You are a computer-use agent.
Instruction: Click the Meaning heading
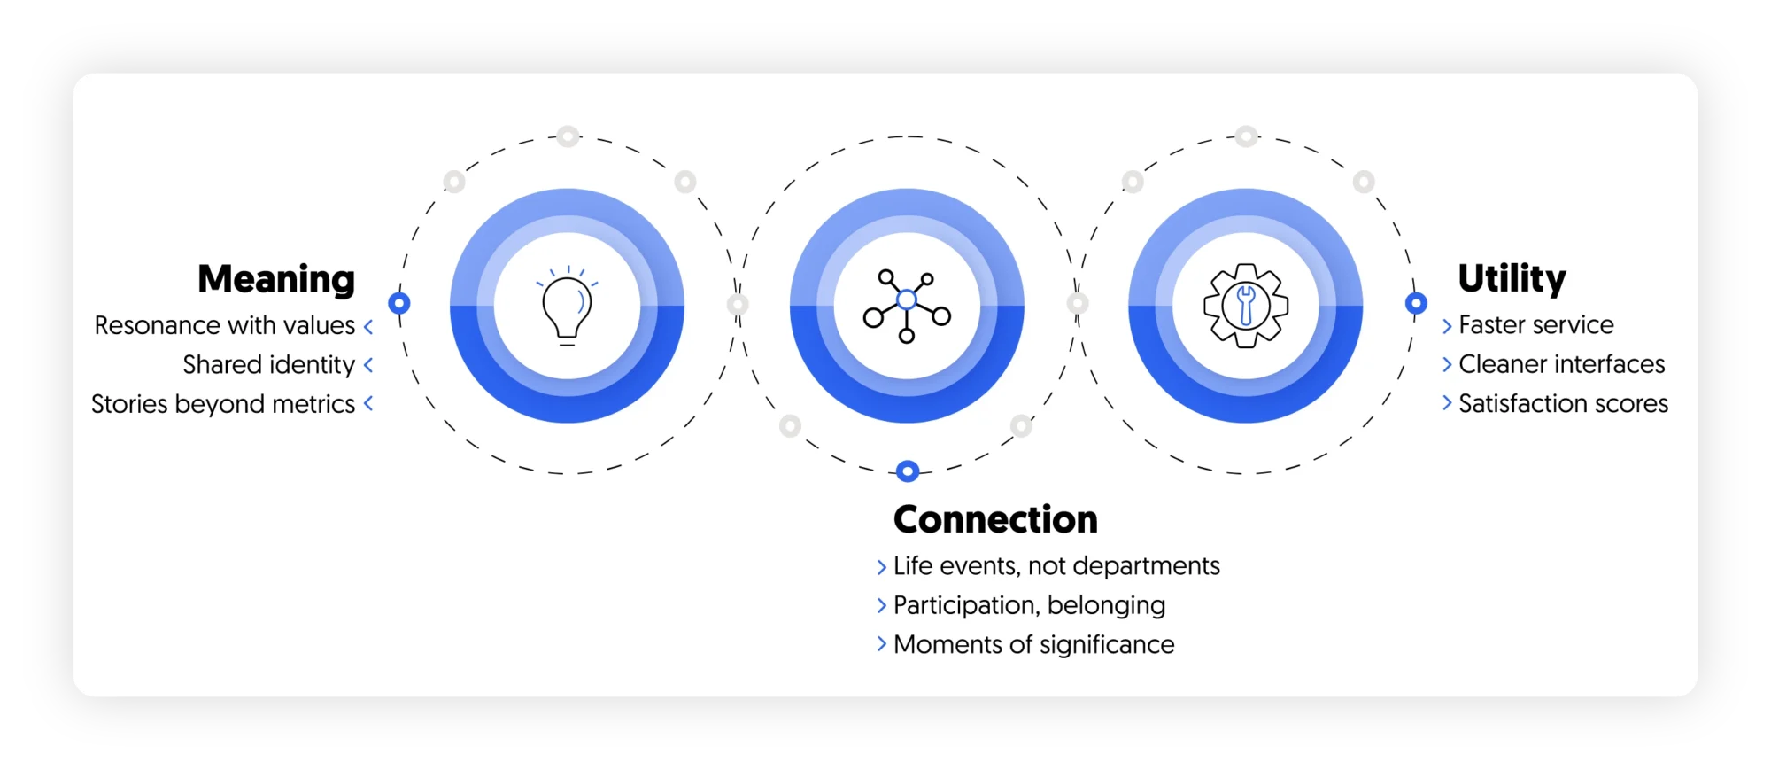(276, 279)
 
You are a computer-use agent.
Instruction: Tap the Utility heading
(1512, 279)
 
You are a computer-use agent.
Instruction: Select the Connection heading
(995, 520)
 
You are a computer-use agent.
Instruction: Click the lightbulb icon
(567, 307)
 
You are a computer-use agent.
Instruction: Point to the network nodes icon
(907, 306)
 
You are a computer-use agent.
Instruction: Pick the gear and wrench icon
(1246, 306)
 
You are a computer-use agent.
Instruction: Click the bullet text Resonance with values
(225, 326)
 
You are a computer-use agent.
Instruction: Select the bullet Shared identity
(268, 365)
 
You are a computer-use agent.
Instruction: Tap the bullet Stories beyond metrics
(223, 404)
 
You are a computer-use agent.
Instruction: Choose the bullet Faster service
(1535, 325)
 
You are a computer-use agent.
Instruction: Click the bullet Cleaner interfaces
(1561, 364)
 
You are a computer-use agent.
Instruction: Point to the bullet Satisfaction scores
(1563, 404)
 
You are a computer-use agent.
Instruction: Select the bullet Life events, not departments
(1056, 566)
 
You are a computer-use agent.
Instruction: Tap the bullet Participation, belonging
(1029, 605)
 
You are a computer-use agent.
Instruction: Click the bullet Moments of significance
(1033, 645)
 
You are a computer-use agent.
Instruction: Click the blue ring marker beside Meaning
(399, 303)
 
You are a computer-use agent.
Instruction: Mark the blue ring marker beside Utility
(1416, 303)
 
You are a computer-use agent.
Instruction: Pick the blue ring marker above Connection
(908, 471)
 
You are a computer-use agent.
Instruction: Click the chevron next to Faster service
(1447, 326)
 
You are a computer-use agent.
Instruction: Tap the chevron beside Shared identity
(368, 365)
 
